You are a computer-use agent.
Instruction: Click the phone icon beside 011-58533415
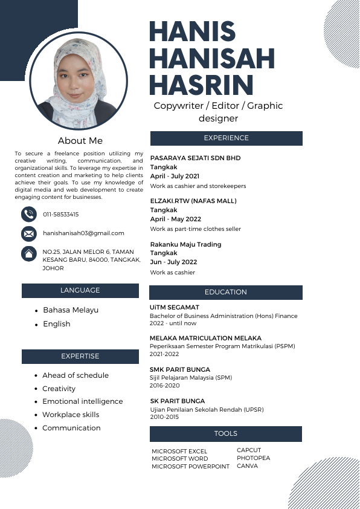[29, 214]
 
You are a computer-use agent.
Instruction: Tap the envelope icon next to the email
[29, 233]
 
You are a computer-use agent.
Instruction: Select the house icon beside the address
[29, 253]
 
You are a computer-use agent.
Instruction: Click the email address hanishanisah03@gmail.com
[83, 233]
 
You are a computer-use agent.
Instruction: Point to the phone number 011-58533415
[61, 215]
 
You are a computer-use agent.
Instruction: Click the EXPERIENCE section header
[226, 138]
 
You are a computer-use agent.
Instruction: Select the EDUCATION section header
[226, 293]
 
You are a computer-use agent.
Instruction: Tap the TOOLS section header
[226, 434]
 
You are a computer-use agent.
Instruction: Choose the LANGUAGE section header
[80, 291]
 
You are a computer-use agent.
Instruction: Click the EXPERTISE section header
[80, 357]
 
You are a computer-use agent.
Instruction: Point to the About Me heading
[80, 141]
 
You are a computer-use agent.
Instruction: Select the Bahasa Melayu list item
[71, 310]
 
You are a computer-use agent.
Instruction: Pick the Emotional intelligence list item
[82, 401]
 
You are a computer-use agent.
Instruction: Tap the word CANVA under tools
[247, 466]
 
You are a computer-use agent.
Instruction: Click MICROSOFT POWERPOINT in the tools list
[190, 467]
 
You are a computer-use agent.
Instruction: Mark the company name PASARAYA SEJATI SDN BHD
[195, 158]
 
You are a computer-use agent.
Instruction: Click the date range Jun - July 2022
[173, 262]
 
